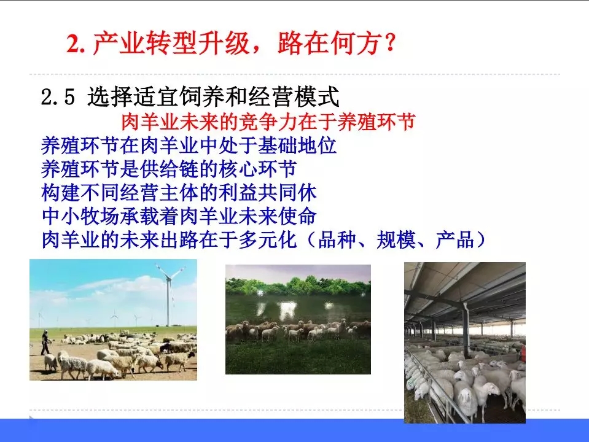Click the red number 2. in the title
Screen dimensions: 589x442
tap(76, 44)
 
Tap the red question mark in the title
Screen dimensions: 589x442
tap(389, 43)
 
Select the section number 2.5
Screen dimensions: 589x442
tap(58, 97)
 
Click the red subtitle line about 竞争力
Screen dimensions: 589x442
tap(268, 122)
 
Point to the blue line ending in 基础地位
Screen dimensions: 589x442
tap(188, 145)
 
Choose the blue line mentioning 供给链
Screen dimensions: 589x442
tap(169, 169)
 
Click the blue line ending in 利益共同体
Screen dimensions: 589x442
tap(179, 192)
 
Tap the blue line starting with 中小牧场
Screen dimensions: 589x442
tap(179, 216)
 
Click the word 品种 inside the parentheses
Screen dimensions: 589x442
tap(337, 239)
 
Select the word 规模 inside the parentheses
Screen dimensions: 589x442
tap(395, 239)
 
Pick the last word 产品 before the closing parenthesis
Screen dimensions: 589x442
tap(454, 239)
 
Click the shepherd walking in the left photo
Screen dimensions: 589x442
tap(45, 343)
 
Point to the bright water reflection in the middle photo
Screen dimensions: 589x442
tap(287, 309)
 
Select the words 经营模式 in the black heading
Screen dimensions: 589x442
tap(295, 97)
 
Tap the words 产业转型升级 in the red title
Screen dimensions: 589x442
tap(171, 43)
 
